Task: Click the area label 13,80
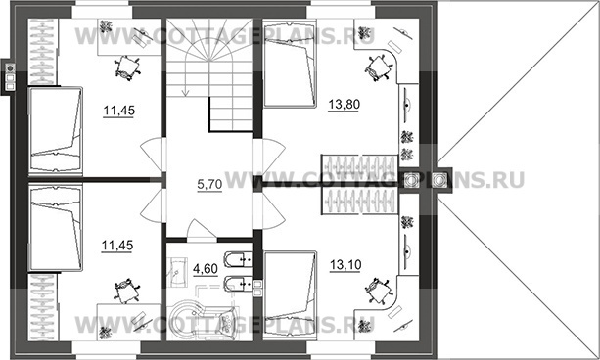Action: pyautogui.click(x=344, y=104)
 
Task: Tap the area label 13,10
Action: pyautogui.click(x=346, y=264)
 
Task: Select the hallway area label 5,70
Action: pyautogui.click(x=209, y=184)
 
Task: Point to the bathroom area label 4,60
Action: pyautogui.click(x=206, y=269)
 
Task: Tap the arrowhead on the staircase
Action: pyautogui.click(x=186, y=92)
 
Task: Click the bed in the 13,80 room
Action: pyautogui.click(x=290, y=64)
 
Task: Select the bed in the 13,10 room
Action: pyautogui.click(x=290, y=295)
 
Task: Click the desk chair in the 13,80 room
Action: pyautogui.click(x=378, y=68)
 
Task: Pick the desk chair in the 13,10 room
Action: pyautogui.click(x=378, y=292)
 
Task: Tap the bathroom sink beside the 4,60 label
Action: pyautogui.click(x=177, y=272)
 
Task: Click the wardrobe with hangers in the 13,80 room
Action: pyautogui.click(x=359, y=167)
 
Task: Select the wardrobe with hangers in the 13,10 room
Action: pyautogui.click(x=359, y=202)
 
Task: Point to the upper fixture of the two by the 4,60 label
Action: pyautogui.click(x=238, y=260)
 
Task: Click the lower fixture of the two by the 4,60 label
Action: pyautogui.click(x=238, y=285)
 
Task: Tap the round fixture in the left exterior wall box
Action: pyautogui.click(x=10, y=68)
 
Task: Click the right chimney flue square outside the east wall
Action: pyautogui.click(x=438, y=180)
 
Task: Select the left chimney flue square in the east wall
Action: pyautogui.click(x=411, y=180)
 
